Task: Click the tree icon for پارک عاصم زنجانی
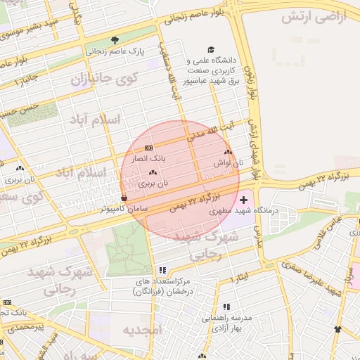click(115, 39)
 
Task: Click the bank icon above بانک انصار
click(148, 148)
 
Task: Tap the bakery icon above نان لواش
click(227, 152)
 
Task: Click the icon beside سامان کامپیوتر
click(124, 198)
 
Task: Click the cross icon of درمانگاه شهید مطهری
click(244, 201)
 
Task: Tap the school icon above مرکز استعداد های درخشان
click(162, 270)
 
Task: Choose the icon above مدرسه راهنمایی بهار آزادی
click(226, 307)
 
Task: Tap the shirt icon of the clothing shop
click(338, 328)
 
